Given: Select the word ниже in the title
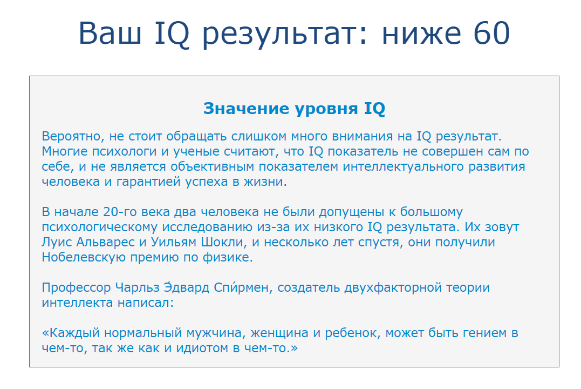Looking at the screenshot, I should pos(418,33).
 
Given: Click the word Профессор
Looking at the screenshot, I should pos(76,287).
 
